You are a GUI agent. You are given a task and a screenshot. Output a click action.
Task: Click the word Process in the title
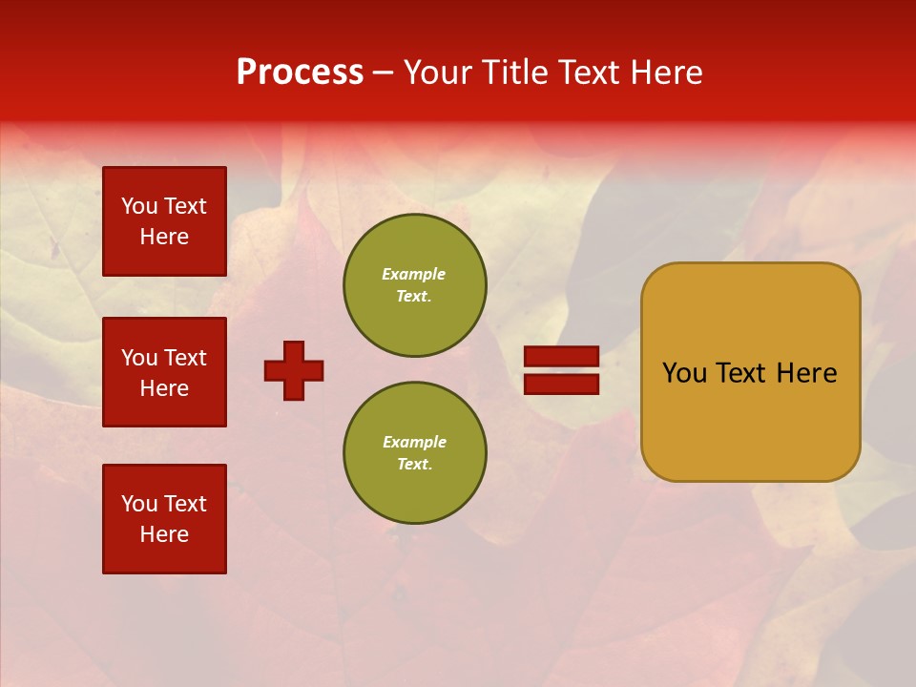pyautogui.click(x=300, y=73)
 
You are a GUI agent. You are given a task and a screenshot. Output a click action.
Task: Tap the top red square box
pyautogui.click(x=164, y=221)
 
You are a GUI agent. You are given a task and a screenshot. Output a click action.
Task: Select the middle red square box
pyautogui.click(x=164, y=372)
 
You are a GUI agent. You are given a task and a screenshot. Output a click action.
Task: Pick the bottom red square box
pyautogui.click(x=164, y=519)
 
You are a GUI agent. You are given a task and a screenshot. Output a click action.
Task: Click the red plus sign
pyautogui.click(x=294, y=370)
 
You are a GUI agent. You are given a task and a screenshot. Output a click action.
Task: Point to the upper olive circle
pyautogui.click(x=414, y=285)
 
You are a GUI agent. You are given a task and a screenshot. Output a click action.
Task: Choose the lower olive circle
pyautogui.click(x=414, y=453)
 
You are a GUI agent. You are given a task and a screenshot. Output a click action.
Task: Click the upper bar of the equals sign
pyautogui.click(x=562, y=356)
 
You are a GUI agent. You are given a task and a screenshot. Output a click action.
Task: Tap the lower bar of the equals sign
pyautogui.click(x=562, y=385)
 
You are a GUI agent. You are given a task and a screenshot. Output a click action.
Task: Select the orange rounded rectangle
pyautogui.click(x=750, y=372)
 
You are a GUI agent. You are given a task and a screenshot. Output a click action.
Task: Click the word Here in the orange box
pyautogui.click(x=806, y=373)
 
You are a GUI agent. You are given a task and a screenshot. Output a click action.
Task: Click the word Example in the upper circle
pyautogui.click(x=413, y=274)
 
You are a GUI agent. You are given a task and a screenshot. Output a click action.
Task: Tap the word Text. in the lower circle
pyautogui.click(x=414, y=465)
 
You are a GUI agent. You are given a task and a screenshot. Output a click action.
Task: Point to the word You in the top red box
pyautogui.click(x=139, y=206)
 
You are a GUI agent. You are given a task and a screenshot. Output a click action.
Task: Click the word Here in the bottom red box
pyautogui.click(x=164, y=535)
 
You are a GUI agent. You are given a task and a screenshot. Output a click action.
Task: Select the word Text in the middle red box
pyautogui.click(x=185, y=358)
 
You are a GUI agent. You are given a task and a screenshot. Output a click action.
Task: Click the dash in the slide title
pyautogui.click(x=384, y=73)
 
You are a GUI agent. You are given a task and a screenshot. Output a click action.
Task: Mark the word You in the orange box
pyautogui.click(x=684, y=373)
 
